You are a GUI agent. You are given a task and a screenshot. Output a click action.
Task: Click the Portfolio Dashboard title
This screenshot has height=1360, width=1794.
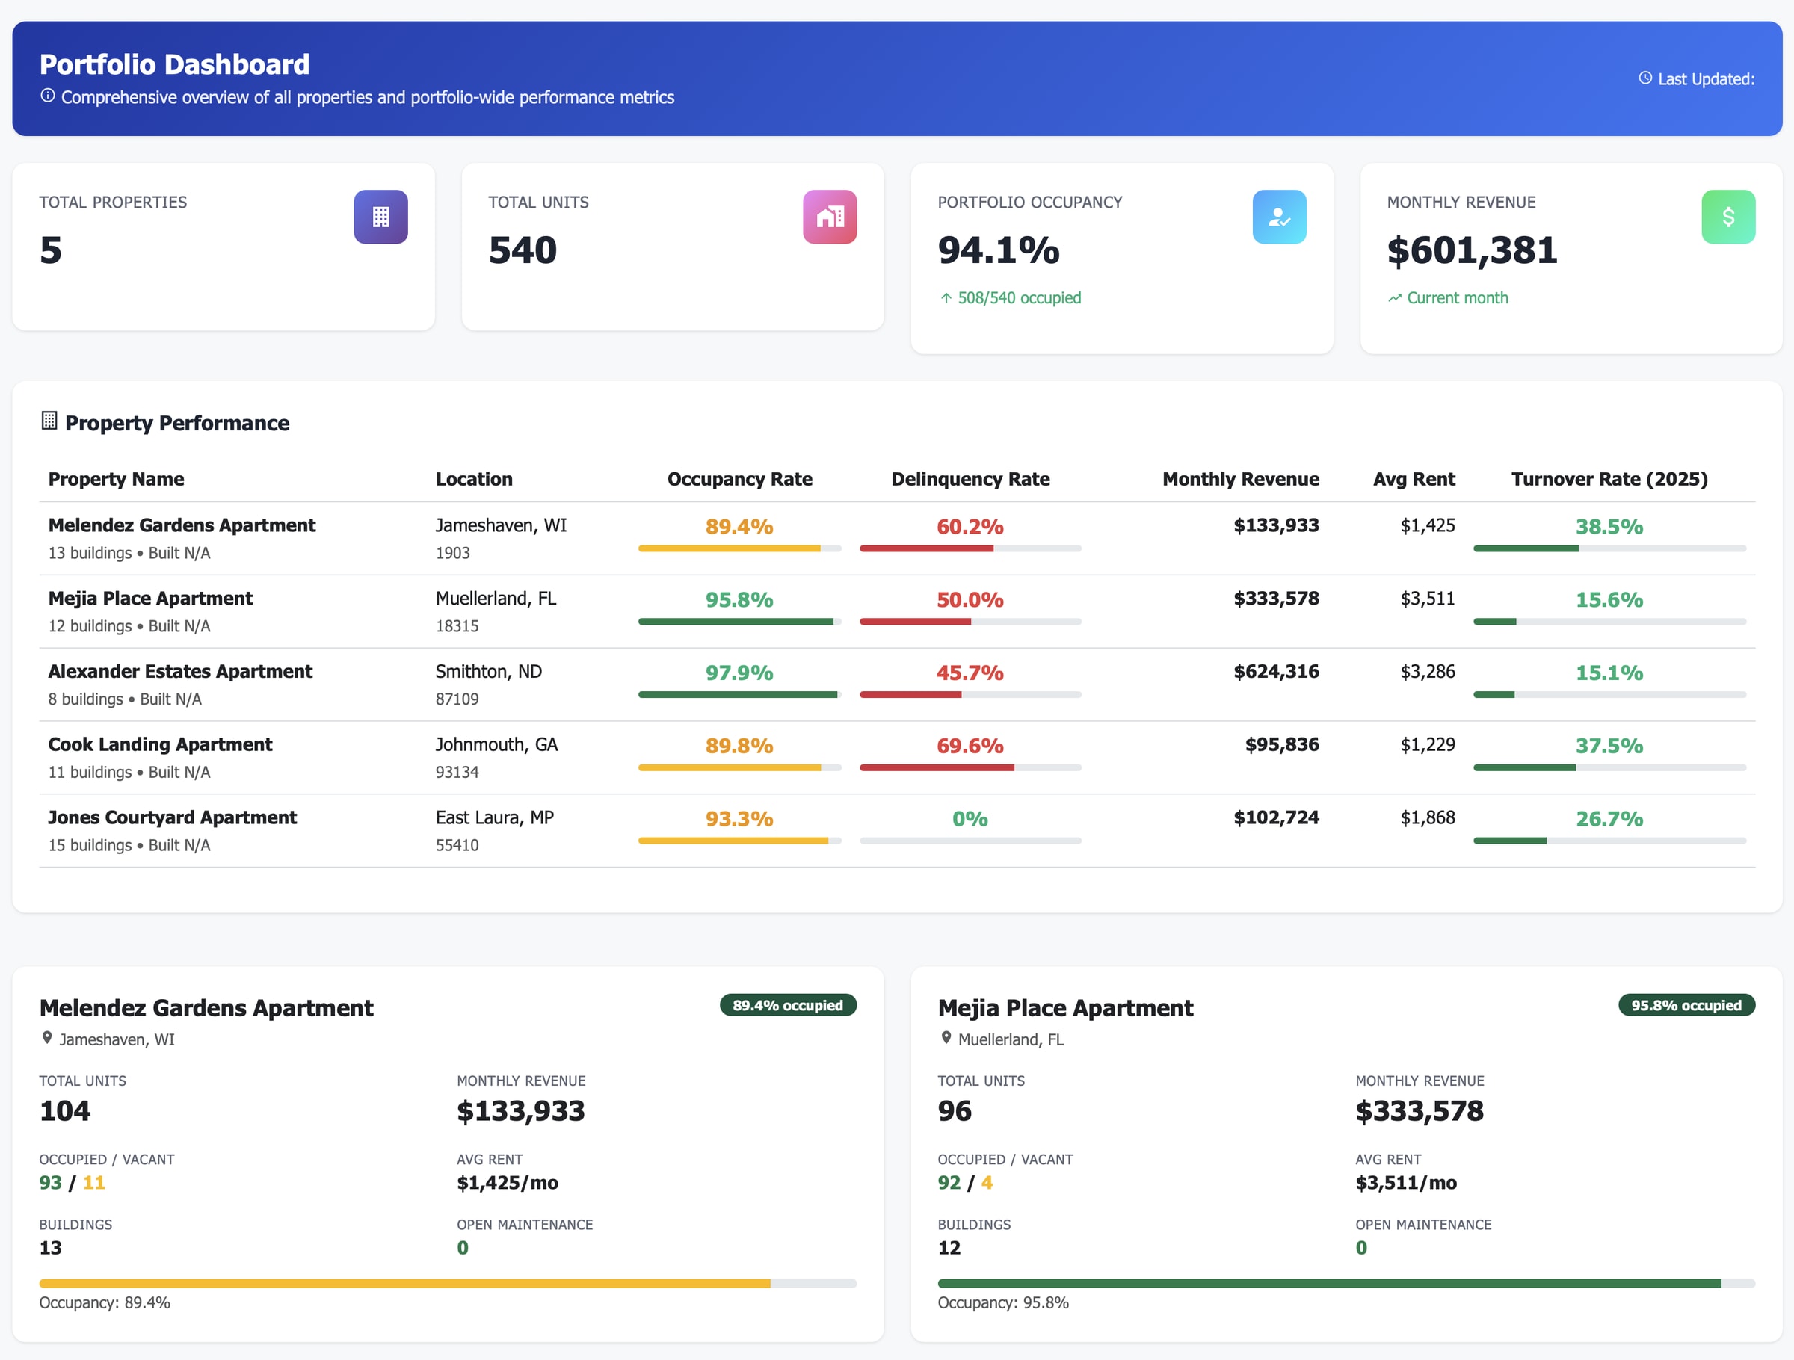174,64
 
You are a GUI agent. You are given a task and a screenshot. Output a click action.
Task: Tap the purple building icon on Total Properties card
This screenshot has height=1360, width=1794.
380,217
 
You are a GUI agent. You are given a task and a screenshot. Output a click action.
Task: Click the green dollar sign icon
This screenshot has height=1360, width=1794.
1727,217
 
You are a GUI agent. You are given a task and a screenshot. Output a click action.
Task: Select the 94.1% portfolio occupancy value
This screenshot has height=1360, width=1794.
999,250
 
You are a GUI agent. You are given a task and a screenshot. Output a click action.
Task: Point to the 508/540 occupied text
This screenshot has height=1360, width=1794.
1019,297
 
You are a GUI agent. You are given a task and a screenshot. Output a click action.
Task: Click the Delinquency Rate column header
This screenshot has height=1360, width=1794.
970,479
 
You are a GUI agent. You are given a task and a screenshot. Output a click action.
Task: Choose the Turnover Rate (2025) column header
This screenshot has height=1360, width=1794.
1609,479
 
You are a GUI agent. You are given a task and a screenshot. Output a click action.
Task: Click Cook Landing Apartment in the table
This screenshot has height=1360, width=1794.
160,744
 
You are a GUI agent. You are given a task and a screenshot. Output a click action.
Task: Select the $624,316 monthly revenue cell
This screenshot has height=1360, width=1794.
1276,672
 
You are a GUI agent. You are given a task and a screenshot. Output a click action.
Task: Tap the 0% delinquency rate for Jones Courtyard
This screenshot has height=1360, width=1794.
970,819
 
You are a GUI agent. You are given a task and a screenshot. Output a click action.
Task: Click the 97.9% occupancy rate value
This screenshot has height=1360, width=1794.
739,673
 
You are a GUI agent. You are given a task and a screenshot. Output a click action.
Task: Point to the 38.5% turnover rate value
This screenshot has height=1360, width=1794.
1609,527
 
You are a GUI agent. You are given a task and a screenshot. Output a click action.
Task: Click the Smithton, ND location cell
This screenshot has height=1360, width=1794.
488,672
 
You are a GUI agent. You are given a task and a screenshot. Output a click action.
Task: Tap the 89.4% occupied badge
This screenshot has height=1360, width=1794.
788,1006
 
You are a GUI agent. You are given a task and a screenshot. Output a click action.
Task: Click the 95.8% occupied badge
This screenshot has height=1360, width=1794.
1686,1006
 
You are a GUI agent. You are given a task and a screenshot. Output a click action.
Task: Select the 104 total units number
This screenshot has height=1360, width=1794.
65,1111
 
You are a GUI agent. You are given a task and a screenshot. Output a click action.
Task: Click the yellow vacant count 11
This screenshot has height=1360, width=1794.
94,1183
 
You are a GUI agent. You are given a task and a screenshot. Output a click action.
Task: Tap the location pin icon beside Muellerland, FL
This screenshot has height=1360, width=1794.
946,1038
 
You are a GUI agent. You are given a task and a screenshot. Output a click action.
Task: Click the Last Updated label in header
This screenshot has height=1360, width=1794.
1705,79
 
